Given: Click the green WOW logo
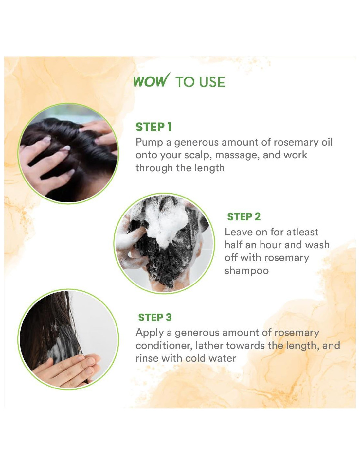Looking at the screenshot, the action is click(x=152, y=80).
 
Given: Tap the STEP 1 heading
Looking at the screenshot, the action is click(x=153, y=127).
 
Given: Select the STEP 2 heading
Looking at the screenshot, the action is click(x=244, y=217).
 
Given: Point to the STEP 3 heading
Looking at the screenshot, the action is click(x=155, y=317).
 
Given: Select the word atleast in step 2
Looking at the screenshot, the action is click(x=302, y=232).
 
